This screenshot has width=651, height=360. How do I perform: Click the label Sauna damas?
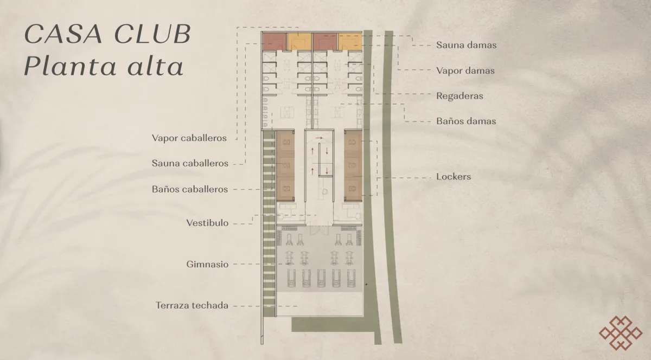(x=466, y=45)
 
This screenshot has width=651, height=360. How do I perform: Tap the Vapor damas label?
(x=465, y=70)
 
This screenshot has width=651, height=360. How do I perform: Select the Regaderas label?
(x=459, y=96)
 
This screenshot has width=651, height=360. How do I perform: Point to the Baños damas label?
(x=465, y=121)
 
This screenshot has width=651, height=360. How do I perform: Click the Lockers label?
(x=453, y=177)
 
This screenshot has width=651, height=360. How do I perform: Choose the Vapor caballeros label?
(x=189, y=138)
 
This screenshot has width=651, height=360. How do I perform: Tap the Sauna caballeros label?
(x=190, y=163)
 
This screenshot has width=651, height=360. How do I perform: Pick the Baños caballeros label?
(x=190, y=189)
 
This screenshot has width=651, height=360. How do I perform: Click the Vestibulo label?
(x=207, y=223)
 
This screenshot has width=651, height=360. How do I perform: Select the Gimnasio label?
(x=207, y=265)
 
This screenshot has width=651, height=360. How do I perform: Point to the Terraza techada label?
(x=192, y=306)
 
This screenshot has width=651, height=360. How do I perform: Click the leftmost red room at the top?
(x=274, y=41)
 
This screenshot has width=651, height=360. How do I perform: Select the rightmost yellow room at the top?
(x=350, y=41)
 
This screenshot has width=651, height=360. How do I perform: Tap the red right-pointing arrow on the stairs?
(x=320, y=139)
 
